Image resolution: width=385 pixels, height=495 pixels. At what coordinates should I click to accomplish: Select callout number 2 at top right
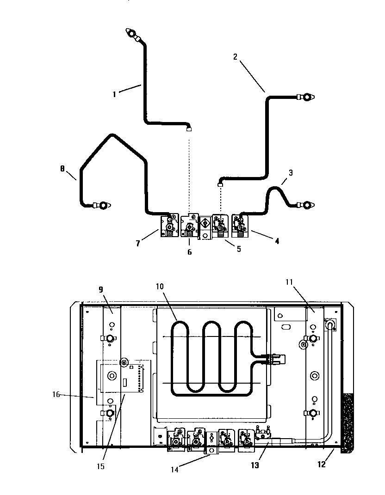click(235, 57)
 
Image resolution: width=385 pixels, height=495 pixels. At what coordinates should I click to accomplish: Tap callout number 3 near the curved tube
click(290, 173)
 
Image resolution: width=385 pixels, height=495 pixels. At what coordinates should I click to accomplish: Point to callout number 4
click(276, 241)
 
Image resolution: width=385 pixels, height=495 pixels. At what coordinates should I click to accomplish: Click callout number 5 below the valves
click(238, 249)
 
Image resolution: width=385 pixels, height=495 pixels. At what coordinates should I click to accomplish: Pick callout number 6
click(189, 252)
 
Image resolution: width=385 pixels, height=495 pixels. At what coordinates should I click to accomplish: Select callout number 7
click(138, 243)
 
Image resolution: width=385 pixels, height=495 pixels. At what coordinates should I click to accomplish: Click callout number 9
click(100, 290)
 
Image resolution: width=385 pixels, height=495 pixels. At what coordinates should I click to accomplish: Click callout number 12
click(321, 464)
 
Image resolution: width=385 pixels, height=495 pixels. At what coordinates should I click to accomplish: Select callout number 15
click(100, 466)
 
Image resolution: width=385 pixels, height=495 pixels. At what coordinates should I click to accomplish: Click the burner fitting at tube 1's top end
click(131, 34)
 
